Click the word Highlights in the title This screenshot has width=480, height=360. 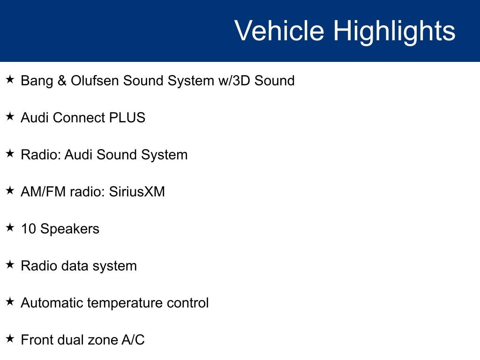coord(394,32)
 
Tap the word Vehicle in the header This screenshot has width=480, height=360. coord(279,30)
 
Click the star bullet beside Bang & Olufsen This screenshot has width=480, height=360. coord(10,79)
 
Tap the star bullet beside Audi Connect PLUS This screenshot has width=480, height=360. coord(10,116)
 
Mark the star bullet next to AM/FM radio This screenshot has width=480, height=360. coord(10,190)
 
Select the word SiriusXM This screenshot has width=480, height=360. coord(137,192)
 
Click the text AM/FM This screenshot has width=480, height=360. coord(43,192)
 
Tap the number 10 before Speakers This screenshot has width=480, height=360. coord(29,229)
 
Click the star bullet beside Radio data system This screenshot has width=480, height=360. coord(10,264)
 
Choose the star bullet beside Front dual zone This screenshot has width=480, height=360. coord(10,338)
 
